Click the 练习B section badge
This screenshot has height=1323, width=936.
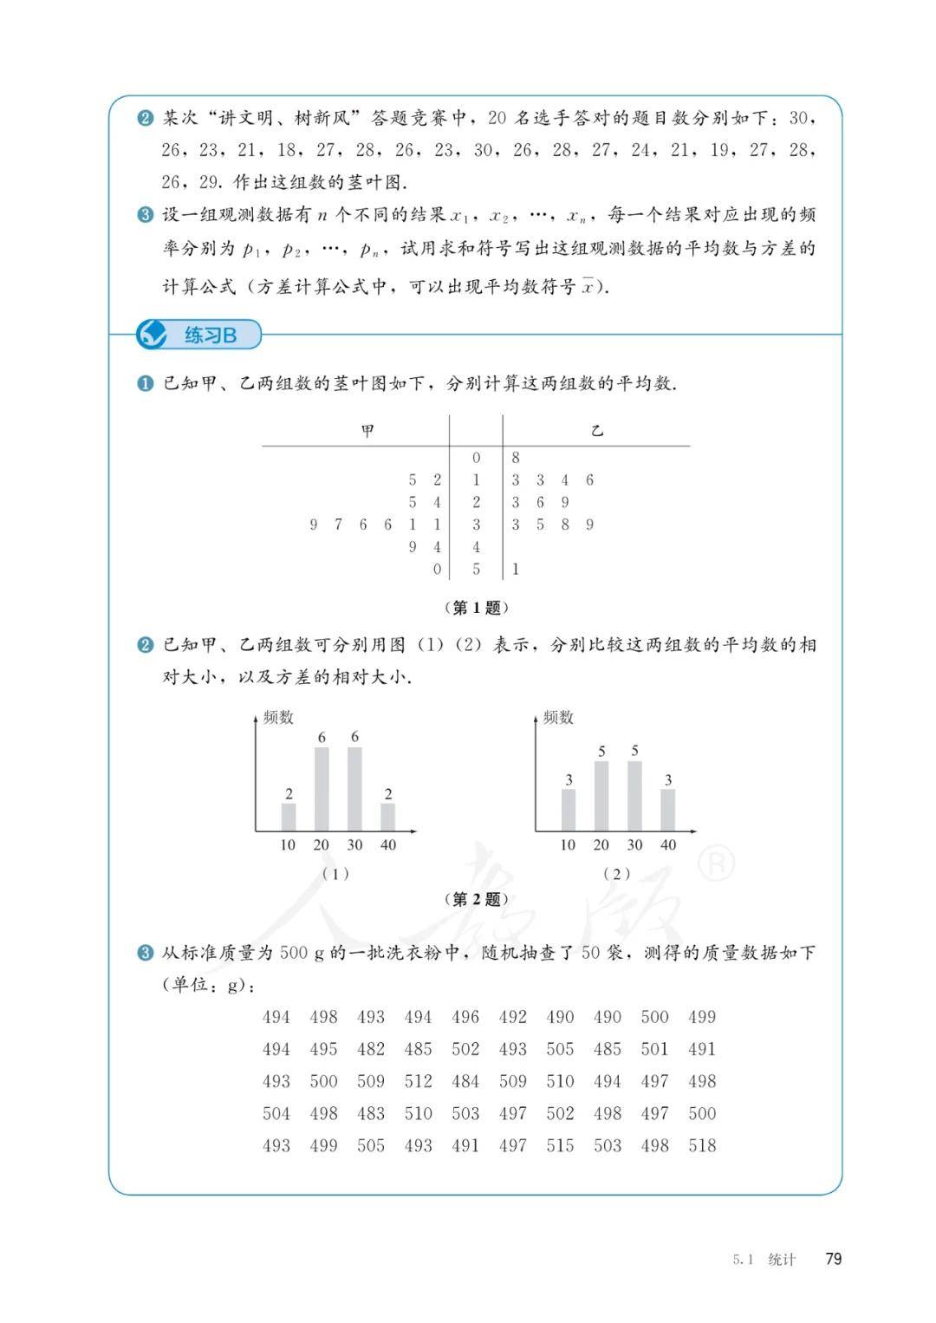click(x=198, y=335)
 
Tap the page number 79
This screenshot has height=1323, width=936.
click(x=833, y=1259)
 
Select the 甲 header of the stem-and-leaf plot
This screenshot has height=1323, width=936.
click(x=368, y=431)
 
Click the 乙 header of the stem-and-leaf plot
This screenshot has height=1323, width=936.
click(x=596, y=431)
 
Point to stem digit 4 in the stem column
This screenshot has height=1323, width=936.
click(x=476, y=547)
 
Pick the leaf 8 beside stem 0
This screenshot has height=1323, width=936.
click(x=516, y=458)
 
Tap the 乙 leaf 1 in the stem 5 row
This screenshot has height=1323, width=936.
click(x=516, y=570)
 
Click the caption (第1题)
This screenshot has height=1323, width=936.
click(x=476, y=607)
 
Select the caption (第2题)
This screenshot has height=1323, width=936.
click(x=476, y=899)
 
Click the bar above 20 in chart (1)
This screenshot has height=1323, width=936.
click(x=322, y=789)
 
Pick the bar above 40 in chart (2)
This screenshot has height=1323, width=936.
click(x=667, y=810)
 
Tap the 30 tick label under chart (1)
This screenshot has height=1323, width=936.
click(x=354, y=844)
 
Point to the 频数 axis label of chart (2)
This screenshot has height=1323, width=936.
click(x=559, y=717)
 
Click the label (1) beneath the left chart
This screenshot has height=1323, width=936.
click(x=335, y=874)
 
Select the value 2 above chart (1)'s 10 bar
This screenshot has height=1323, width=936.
click(x=289, y=793)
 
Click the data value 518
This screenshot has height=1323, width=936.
click(x=702, y=1145)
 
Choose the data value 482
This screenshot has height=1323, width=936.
click(x=371, y=1049)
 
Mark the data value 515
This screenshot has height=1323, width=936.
click(x=560, y=1145)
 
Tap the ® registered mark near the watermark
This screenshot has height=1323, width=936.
click(x=716, y=863)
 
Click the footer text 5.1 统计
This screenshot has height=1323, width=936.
click(x=764, y=1260)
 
